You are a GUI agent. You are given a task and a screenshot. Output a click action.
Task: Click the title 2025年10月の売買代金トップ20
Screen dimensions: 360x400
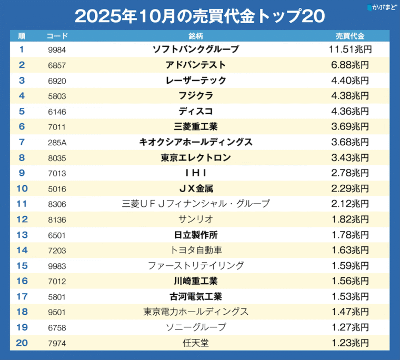coord(199,16)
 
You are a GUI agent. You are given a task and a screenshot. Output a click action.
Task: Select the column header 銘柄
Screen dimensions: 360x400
coord(196,36)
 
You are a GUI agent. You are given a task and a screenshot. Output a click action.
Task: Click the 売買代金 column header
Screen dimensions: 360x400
coord(350,36)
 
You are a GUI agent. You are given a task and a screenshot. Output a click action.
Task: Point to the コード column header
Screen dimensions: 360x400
coord(57,36)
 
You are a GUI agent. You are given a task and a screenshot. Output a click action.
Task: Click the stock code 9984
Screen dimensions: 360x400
coord(56,50)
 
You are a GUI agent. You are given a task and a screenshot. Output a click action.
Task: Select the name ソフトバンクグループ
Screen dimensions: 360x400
coord(196,49)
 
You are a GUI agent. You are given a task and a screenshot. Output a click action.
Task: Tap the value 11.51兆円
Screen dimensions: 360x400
coord(350,49)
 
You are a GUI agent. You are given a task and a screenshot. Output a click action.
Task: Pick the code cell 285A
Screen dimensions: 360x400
coord(56,142)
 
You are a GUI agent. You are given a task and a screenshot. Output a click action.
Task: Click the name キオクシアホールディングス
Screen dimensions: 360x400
coord(196,142)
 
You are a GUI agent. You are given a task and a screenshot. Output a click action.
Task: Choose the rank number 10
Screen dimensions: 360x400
coord(22,188)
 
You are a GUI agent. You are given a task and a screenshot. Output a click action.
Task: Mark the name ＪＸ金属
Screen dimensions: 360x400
coord(196,188)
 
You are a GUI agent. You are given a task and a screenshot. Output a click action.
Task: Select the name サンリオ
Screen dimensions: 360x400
coord(196,219)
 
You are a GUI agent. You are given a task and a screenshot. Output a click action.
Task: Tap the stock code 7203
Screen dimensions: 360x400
coord(56,250)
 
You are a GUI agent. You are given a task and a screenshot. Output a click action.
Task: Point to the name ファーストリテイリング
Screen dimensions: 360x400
coord(196,265)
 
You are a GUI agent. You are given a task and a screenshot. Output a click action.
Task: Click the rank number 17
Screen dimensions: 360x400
coord(22,296)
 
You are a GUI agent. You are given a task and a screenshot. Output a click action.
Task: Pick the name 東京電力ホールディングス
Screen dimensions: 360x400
coord(196,312)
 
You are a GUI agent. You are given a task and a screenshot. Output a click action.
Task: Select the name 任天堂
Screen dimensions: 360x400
coord(196,343)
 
